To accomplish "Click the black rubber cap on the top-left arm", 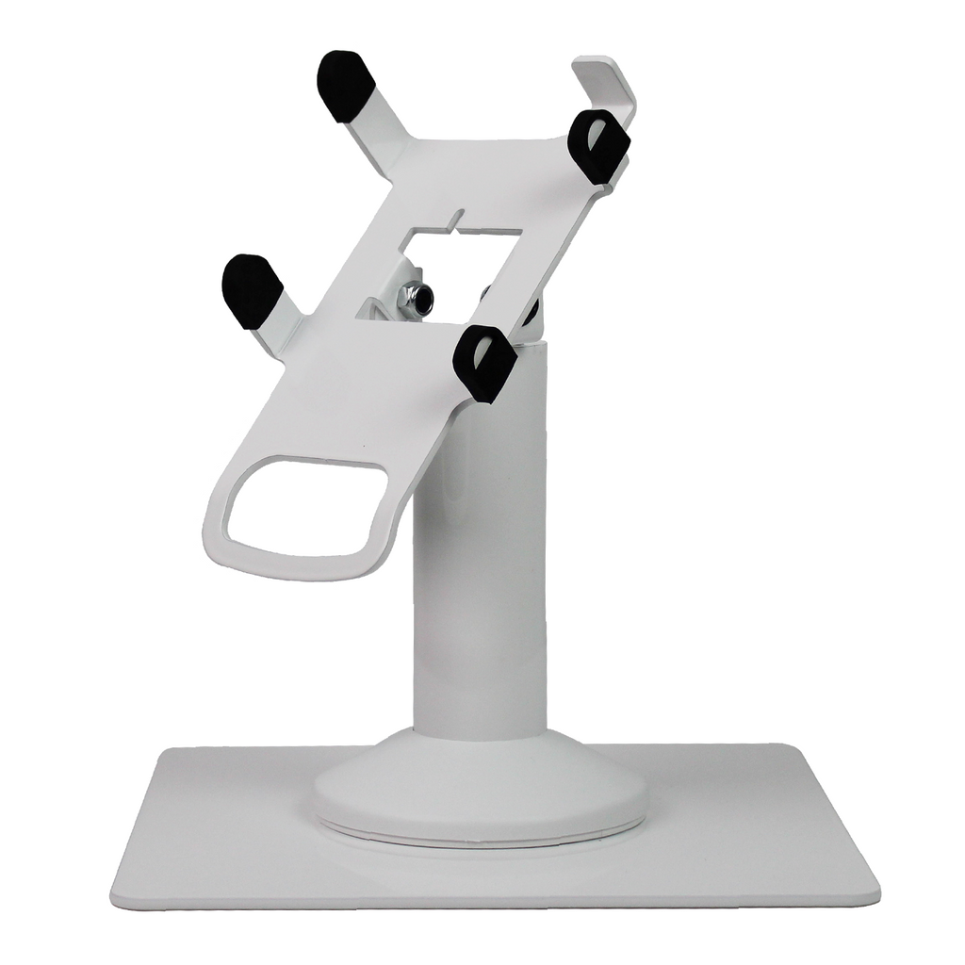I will (x=345, y=86).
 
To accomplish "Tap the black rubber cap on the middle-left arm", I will (x=251, y=290).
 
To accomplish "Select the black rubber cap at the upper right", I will (x=599, y=146).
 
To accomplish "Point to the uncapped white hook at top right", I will (x=607, y=81).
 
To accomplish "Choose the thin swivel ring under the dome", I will (x=481, y=836).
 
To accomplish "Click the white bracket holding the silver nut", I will (x=382, y=307).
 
